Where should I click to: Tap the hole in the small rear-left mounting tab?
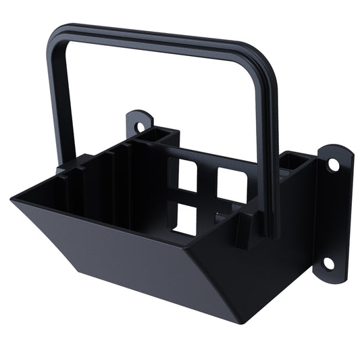pos(140,126)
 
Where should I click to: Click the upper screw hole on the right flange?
pos(333,164)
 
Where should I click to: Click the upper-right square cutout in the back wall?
pos(231,184)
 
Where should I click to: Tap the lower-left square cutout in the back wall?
pos(184,217)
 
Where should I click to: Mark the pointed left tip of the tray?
pos(13,199)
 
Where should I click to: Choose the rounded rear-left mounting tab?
pos(140,122)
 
